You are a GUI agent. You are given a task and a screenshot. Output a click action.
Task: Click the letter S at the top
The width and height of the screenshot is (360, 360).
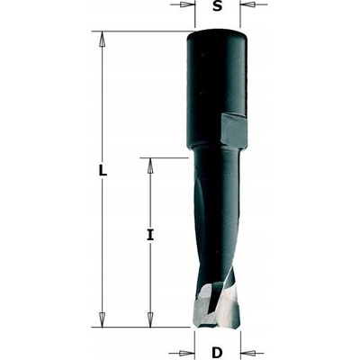(x=218, y=6)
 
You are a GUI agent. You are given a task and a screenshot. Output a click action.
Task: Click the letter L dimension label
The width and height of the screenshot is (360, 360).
(x=103, y=171)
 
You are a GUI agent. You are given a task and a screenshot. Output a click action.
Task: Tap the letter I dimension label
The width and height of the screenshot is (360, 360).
(x=150, y=234)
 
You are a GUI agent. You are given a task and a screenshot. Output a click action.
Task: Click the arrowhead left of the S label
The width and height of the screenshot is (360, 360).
(x=186, y=4)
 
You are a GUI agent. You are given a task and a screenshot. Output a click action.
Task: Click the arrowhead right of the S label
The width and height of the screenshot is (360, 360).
(x=248, y=4)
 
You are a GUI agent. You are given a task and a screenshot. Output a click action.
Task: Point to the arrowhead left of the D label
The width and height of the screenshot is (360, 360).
(x=186, y=352)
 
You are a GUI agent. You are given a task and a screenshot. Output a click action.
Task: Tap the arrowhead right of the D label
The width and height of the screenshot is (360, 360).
(x=248, y=352)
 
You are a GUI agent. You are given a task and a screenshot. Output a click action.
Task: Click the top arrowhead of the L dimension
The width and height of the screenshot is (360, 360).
(x=103, y=39)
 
